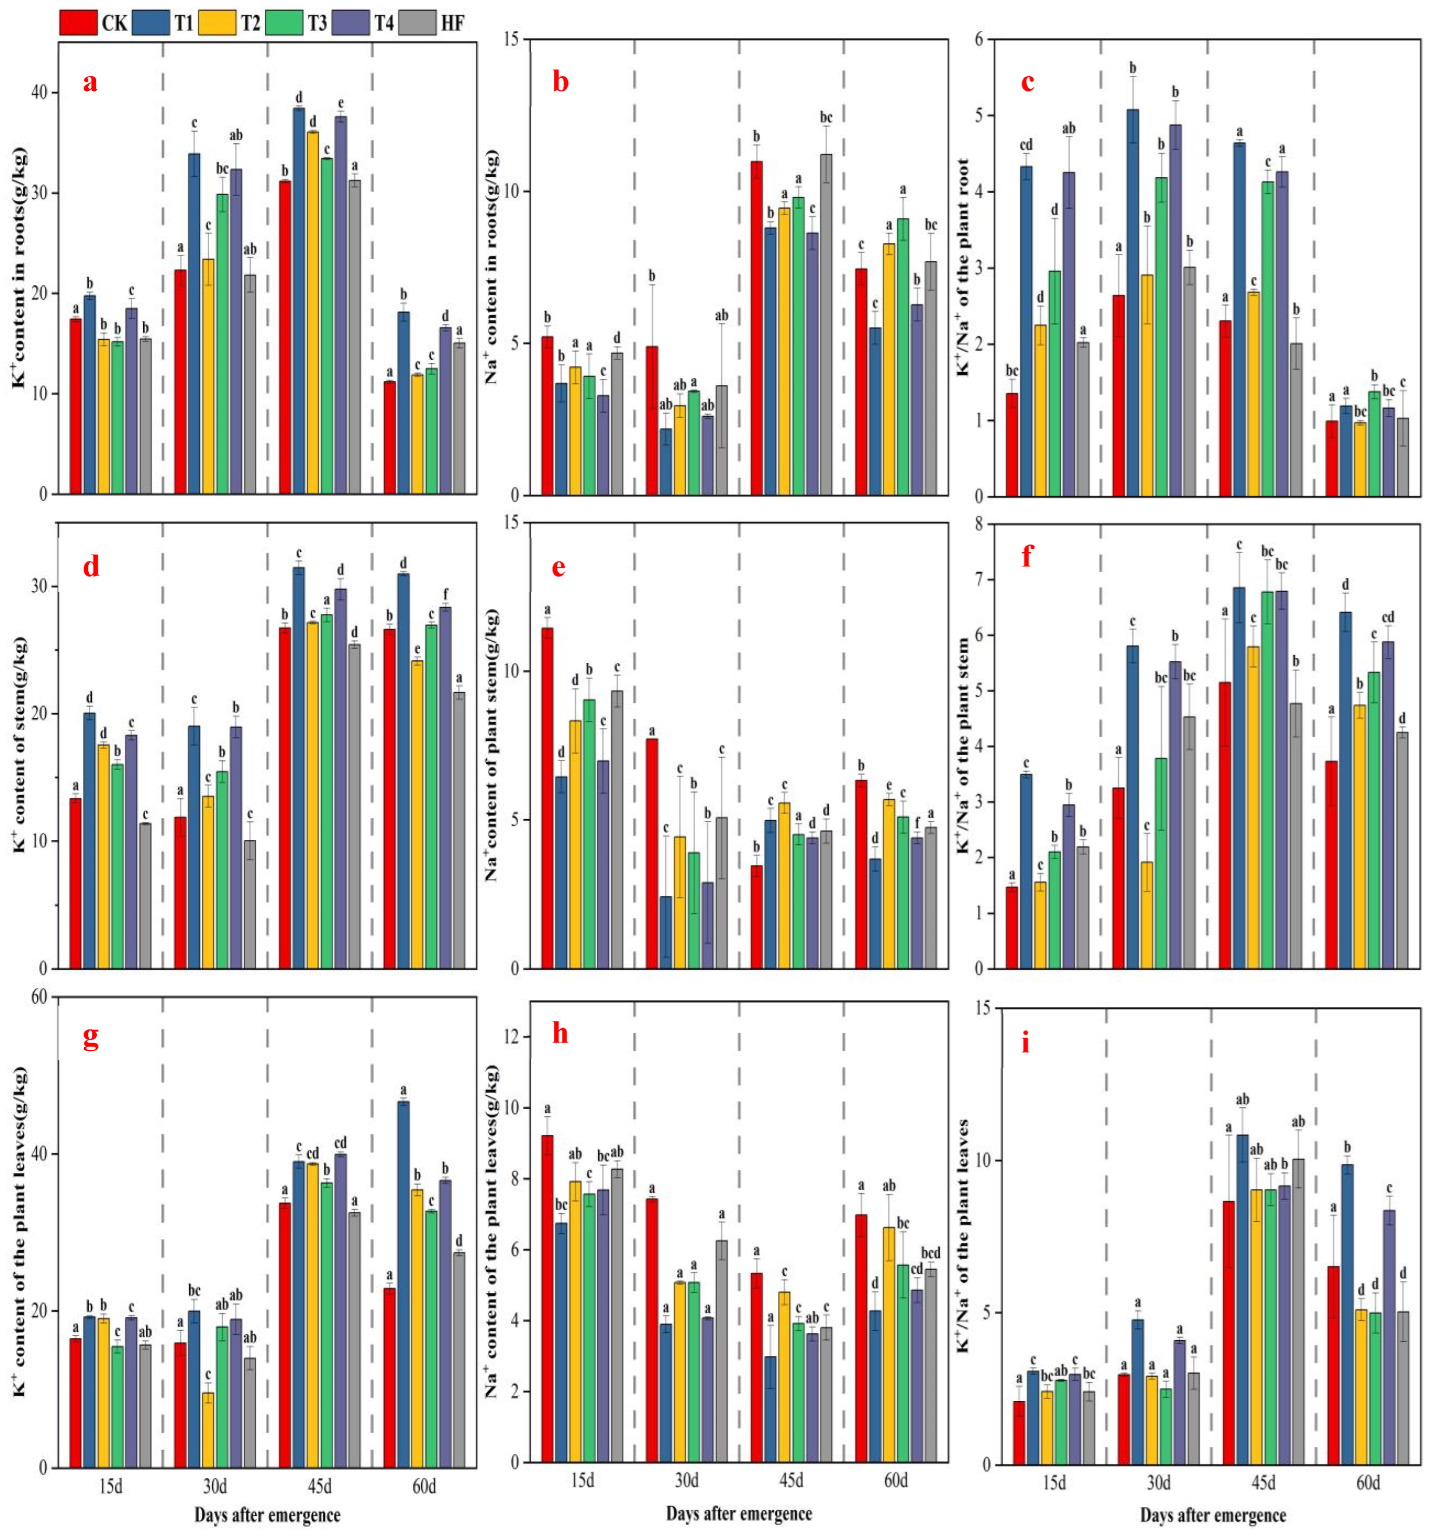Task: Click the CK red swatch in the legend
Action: tap(77, 22)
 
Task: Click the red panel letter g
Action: tap(90, 1038)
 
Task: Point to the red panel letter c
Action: tap(1027, 82)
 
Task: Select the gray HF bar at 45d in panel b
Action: tap(826, 324)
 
